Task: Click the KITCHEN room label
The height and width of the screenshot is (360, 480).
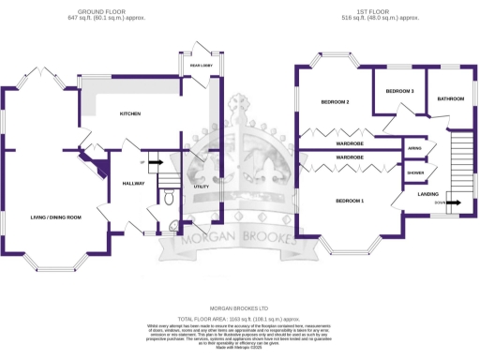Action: click(x=129, y=114)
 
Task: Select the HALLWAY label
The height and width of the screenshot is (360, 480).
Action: click(x=132, y=184)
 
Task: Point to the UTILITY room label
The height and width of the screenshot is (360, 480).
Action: click(x=200, y=187)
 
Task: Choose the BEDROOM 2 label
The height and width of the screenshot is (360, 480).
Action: click(x=335, y=101)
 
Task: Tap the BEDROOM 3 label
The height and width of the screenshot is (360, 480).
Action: click(x=399, y=91)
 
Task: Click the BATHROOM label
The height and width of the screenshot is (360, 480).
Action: click(x=450, y=98)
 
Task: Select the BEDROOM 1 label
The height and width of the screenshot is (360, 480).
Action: click(x=350, y=202)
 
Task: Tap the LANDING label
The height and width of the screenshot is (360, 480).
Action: click(x=428, y=194)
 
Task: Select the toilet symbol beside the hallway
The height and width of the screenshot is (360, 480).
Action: click(x=168, y=197)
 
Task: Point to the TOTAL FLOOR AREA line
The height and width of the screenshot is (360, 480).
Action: click(x=239, y=320)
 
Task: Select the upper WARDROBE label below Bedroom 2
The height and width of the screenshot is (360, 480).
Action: click(x=350, y=142)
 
